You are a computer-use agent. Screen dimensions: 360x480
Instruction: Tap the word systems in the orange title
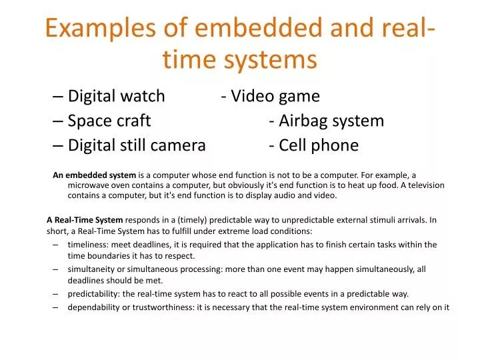coord(270,59)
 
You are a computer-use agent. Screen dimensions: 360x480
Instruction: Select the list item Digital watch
coord(116,96)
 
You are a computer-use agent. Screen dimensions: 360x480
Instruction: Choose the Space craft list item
coord(109,121)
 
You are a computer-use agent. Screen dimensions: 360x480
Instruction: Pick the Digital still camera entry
coord(137,145)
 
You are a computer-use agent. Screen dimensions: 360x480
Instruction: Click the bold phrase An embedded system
coord(94,175)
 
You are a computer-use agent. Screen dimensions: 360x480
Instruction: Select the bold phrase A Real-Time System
coord(85,219)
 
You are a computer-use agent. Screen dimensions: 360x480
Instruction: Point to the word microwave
coord(89,185)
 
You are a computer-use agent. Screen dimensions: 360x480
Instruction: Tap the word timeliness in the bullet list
coord(89,245)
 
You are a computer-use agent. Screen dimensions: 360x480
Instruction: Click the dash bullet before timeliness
coord(55,245)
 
